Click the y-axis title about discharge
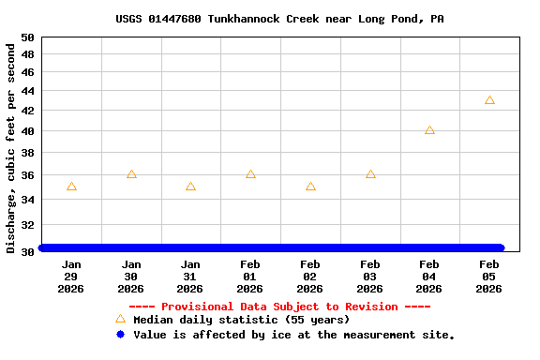coord(11,146)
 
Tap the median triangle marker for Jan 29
coord(71,187)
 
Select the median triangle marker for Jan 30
coord(131,174)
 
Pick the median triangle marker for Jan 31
coord(190,187)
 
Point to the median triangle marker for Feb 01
coord(250,174)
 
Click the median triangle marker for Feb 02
coord(310,187)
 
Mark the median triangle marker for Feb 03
coord(370,174)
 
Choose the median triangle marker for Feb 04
coord(429,130)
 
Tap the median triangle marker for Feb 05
coord(489,100)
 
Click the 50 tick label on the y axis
coord(27,37)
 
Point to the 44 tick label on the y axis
coord(27,92)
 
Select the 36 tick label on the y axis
coord(27,175)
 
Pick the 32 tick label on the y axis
coord(27,226)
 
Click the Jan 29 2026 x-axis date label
coord(71,277)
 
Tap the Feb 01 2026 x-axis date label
coord(250,277)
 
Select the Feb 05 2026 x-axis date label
coord(489,277)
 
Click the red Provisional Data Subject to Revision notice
coord(279,307)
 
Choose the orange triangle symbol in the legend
coord(120,320)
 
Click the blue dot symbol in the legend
coord(120,335)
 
